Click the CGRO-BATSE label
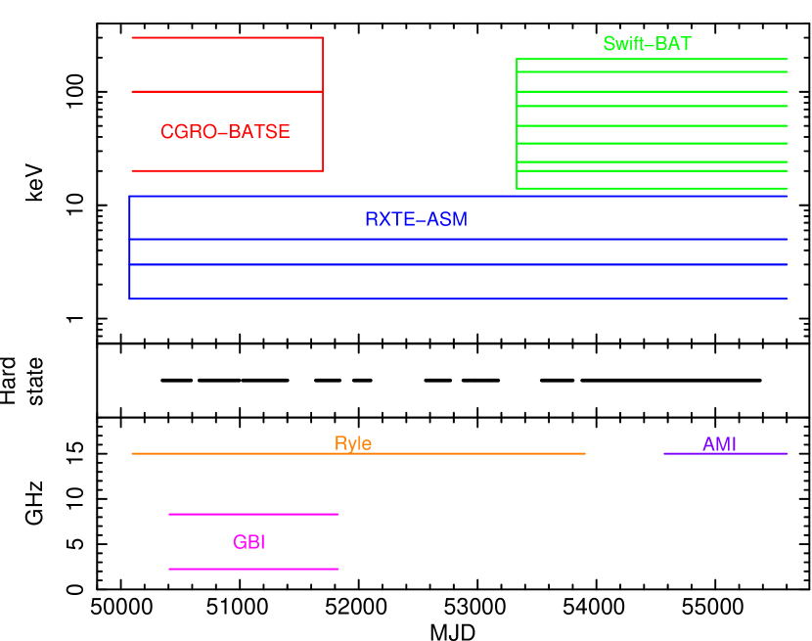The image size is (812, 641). (225, 132)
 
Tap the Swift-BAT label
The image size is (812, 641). (647, 44)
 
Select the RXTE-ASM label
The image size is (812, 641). (416, 219)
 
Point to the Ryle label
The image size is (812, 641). (353, 443)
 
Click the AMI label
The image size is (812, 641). (719, 444)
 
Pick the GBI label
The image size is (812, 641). (248, 542)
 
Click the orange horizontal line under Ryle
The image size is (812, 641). (358, 454)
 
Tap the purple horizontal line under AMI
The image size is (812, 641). (725, 454)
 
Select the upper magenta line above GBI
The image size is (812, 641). (253, 514)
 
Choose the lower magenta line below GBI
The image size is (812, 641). (253, 569)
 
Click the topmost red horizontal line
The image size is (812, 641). (227, 37)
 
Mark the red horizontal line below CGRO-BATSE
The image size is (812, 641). (227, 170)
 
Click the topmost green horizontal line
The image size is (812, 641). (652, 59)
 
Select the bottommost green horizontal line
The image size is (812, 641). (652, 188)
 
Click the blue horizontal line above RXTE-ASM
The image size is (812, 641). (458, 197)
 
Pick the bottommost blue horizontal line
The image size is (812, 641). (458, 298)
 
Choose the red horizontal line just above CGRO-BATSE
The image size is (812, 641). (227, 92)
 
